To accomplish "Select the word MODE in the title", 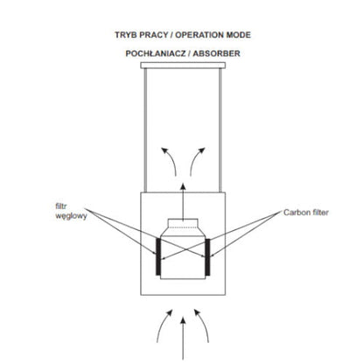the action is (239, 35).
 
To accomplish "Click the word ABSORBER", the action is (216, 53).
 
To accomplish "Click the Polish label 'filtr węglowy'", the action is (71, 211).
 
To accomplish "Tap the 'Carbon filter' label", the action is (306, 213).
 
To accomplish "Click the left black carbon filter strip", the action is (157, 256).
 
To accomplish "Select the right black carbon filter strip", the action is (207, 256).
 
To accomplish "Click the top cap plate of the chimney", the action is (183, 66).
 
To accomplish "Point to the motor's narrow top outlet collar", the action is (183, 223).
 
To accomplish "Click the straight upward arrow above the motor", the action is (183, 202).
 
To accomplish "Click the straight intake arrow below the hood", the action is (183, 339).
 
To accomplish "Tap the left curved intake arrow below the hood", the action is (161, 324).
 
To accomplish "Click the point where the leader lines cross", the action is (183, 248).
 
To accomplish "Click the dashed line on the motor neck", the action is (183, 227).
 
